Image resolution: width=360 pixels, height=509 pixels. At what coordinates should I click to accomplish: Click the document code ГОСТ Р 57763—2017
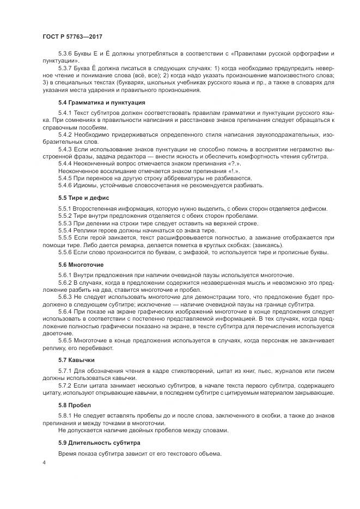[x=73, y=35]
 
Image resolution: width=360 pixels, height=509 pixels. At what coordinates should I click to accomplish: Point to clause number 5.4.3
[x=66, y=149]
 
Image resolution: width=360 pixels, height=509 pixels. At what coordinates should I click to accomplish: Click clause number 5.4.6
[x=66, y=185]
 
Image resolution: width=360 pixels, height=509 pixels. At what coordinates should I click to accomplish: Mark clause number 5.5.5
[x=66, y=237]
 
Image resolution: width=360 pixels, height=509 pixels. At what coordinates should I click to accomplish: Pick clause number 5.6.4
[x=66, y=311]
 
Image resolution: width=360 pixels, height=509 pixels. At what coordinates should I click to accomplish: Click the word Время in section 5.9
[x=68, y=454]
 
